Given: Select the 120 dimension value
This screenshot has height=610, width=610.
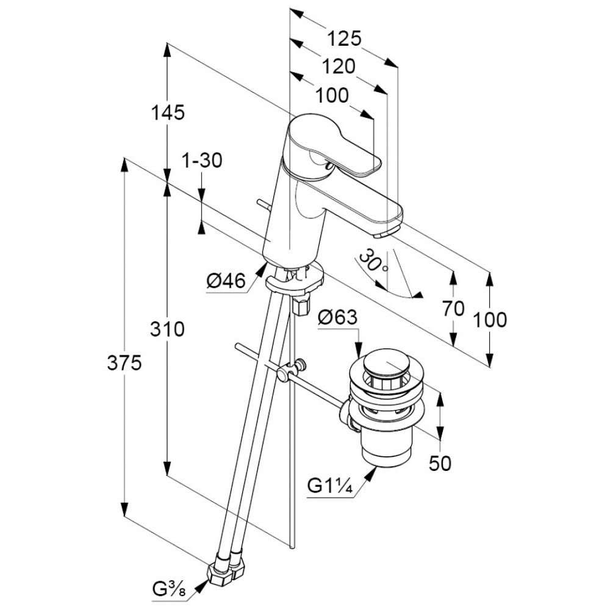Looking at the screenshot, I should [x=338, y=66].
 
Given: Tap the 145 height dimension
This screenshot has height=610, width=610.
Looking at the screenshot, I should [x=168, y=112].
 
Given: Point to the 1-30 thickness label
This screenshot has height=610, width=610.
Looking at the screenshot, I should [x=202, y=161].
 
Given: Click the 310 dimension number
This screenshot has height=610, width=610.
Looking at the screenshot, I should [x=168, y=329].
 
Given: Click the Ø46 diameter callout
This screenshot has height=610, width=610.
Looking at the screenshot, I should [x=226, y=281].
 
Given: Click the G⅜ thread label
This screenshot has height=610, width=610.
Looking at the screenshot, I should [x=170, y=591].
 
